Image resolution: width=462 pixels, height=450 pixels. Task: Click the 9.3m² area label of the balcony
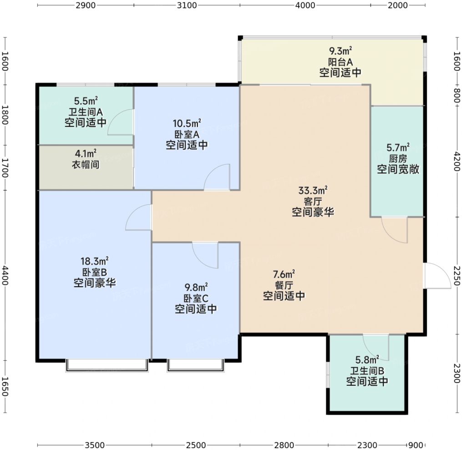pyautogui.click(x=340, y=51)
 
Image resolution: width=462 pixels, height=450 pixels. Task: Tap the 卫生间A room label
pyautogui.click(x=86, y=112)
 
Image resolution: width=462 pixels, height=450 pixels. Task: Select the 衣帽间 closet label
pyautogui.click(x=86, y=164)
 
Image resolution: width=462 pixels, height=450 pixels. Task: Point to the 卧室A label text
pyautogui.click(x=187, y=134)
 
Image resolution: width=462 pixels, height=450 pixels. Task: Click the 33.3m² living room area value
pyautogui.click(x=313, y=190)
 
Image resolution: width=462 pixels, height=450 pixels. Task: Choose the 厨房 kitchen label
pyautogui.click(x=398, y=158)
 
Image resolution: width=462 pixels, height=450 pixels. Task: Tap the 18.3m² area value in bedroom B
pyautogui.click(x=95, y=261)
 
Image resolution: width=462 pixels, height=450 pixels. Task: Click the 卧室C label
pyautogui.click(x=196, y=298)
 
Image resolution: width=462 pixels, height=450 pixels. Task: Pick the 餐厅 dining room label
pyautogui.click(x=284, y=285)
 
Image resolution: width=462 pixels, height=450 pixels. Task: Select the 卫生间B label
pyautogui.click(x=367, y=370)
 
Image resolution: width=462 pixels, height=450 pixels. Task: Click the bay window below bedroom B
pyautogui.click(x=107, y=365)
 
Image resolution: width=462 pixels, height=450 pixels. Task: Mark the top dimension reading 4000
pyautogui.click(x=305, y=5)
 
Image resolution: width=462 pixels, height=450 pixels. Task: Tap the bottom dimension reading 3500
pyautogui.click(x=94, y=445)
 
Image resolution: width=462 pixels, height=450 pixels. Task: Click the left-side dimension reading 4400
pyautogui.click(x=5, y=275)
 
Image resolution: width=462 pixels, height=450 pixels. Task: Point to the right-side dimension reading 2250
pyautogui.click(x=457, y=276)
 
